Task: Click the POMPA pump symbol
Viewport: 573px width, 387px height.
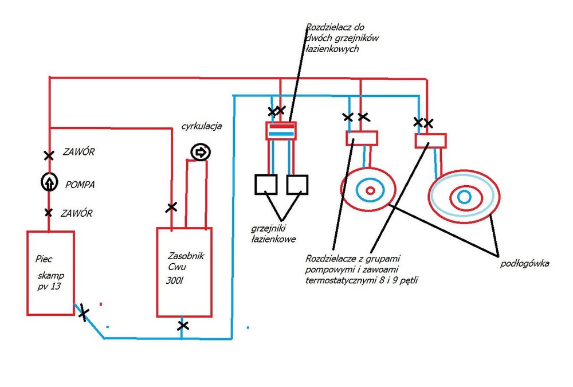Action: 49,182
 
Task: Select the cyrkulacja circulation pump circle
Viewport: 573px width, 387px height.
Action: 201,152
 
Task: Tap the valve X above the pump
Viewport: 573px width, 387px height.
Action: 49,155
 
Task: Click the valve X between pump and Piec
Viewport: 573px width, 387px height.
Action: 48,213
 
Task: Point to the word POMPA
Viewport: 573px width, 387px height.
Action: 80,185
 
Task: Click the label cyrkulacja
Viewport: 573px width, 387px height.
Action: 202,126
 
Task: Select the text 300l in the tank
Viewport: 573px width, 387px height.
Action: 174,280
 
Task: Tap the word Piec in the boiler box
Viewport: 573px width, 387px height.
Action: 44,259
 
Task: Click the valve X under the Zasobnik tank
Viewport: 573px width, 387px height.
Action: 183,325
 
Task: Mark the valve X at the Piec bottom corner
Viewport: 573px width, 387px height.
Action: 84,312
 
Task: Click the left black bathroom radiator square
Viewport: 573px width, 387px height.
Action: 266,185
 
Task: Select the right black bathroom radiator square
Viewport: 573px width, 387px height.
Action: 297,185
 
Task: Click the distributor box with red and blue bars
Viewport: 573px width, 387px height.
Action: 281,131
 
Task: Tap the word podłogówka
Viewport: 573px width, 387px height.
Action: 524,264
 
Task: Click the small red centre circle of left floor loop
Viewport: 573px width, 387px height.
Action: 370,190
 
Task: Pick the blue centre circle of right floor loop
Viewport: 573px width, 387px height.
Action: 464,197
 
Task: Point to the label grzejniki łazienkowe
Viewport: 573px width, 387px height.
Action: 273,234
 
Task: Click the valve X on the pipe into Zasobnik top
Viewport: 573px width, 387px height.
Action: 171,208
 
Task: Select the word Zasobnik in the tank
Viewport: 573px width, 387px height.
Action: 186,256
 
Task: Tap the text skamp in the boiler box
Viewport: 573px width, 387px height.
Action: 51,275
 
